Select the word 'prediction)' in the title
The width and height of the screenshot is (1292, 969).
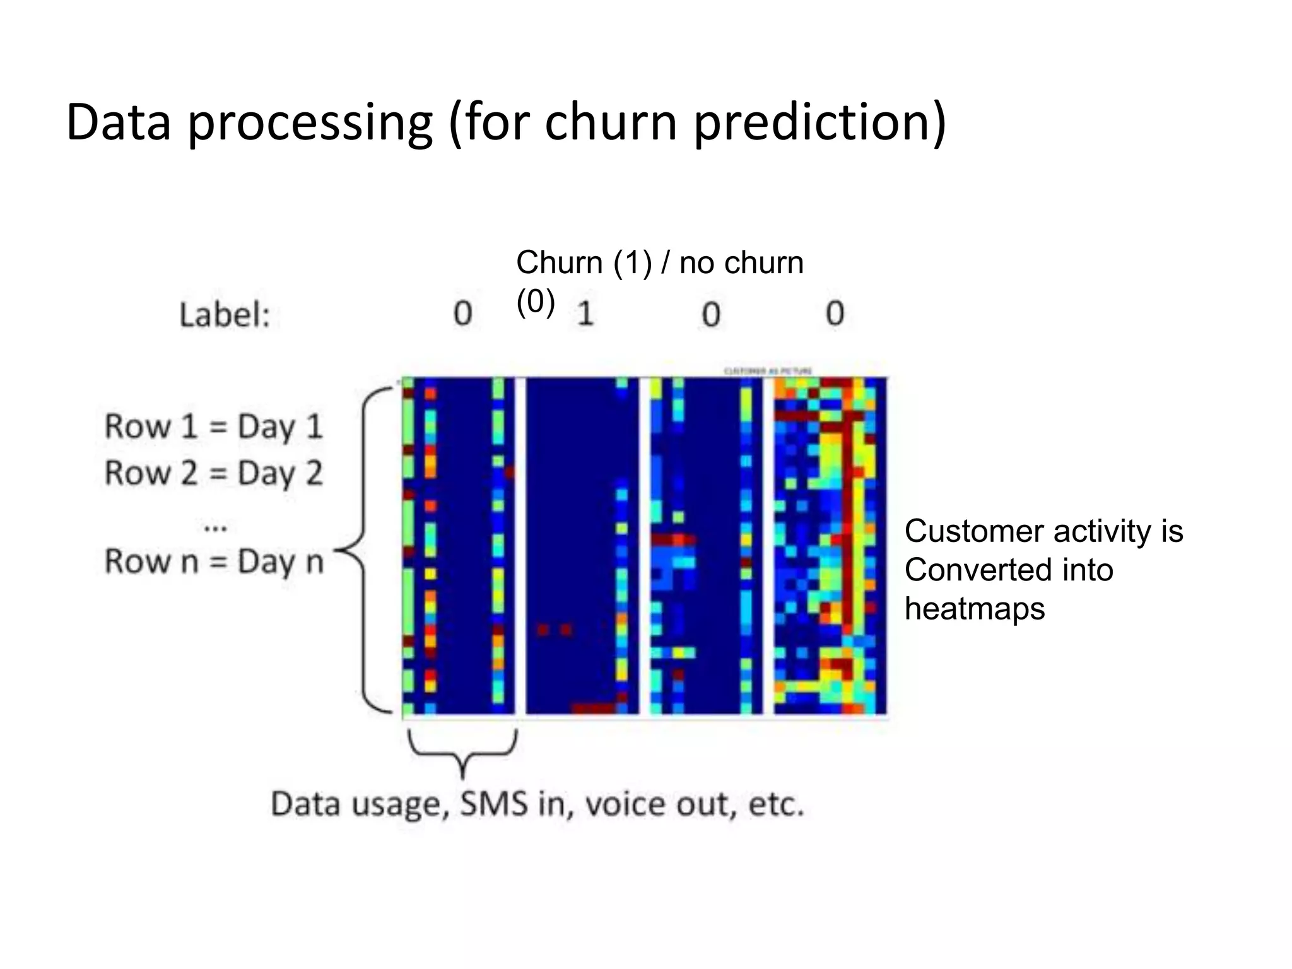(x=820, y=123)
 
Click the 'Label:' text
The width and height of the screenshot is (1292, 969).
(x=225, y=314)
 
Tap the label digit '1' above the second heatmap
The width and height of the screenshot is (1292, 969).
(x=585, y=314)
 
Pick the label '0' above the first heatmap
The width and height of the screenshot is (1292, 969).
(x=462, y=314)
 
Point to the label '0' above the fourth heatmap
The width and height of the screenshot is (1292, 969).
(x=835, y=314)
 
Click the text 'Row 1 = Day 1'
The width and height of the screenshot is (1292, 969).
(x=213, y=426)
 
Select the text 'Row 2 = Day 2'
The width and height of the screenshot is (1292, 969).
(x=213, y=473)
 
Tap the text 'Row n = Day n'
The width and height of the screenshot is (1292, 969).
(x=213, y=561)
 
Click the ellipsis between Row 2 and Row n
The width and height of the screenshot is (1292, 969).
(x=216, y=526)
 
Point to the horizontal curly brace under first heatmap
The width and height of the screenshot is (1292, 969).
(x=463, y=751)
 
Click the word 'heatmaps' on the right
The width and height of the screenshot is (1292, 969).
(x=974, y=609)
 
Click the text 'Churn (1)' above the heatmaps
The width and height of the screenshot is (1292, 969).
(x=584, y=262)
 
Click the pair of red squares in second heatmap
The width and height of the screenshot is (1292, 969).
(x=553, y=629)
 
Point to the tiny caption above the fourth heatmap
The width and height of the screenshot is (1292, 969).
(x=768, y=371)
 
